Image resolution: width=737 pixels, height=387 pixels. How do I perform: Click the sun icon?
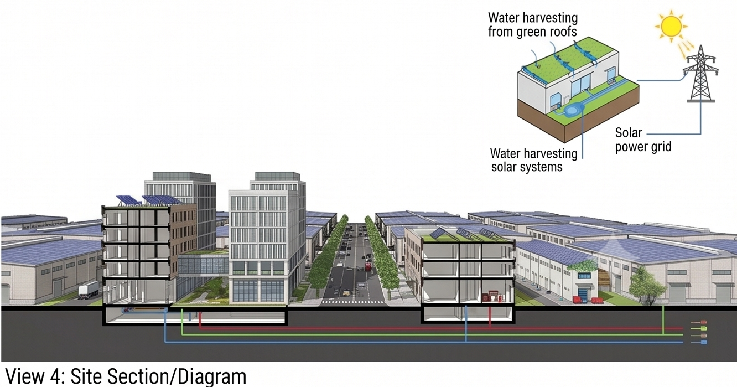tap(671, 27)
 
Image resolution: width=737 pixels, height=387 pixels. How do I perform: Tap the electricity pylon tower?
tap(701, 74)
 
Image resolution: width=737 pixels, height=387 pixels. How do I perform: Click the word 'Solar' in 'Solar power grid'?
tap(629, 133)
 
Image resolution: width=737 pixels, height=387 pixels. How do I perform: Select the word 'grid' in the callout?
tap(660, 147)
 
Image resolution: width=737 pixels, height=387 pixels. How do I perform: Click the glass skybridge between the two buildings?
tap(203, 265)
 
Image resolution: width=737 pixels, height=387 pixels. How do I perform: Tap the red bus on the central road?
tap(368, 265)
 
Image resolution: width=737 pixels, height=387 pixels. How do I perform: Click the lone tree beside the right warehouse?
tap(646, 284)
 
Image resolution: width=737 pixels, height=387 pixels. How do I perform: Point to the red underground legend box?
tap(703, 322)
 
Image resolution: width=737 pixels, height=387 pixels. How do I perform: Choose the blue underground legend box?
tap(703, 343)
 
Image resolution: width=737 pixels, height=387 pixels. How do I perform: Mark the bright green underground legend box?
tap(703, 328)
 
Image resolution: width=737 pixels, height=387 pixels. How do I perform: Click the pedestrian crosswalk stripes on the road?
tap(353, 302)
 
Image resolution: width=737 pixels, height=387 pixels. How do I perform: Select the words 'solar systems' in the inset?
tap(527, 167)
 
